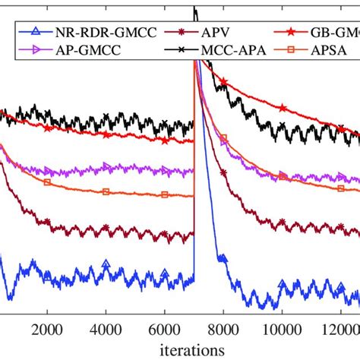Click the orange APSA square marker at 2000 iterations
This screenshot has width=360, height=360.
tap(47, 182)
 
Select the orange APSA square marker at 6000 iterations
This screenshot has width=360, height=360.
tap(165, 194)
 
